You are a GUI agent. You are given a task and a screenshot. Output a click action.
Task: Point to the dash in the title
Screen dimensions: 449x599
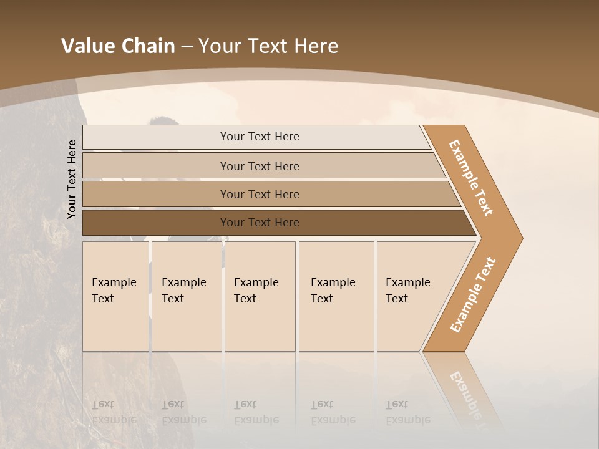pyautogui.click(x=187, y=47)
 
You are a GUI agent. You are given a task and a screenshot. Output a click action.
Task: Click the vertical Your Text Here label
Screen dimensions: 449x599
pyautogui.click(x=72, y=179)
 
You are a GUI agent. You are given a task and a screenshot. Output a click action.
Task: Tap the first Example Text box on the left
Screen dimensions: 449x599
pyautogui.click(x=115, y=296)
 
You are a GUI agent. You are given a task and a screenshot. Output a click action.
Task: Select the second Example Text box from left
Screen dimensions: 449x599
pyautogui.click(x=187, y=296)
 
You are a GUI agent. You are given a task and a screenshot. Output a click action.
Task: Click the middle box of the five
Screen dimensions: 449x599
pyautogui.click(x=260, y=296)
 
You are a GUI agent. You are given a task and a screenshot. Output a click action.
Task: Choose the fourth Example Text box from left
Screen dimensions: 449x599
pyautogui.click(x=336, y=296)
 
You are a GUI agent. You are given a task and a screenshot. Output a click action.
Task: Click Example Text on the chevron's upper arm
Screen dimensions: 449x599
pyautogui.click(x=471, y=178)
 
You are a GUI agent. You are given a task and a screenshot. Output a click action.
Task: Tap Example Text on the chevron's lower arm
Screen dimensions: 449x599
pyautogui.click(x=472, y=295)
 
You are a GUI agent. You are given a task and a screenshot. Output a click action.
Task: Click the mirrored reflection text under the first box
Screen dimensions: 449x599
pyautogui.click(x=114, y=412)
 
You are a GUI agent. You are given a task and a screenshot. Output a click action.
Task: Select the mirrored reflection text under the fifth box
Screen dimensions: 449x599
pyautogui.click(x=407, y=412)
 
